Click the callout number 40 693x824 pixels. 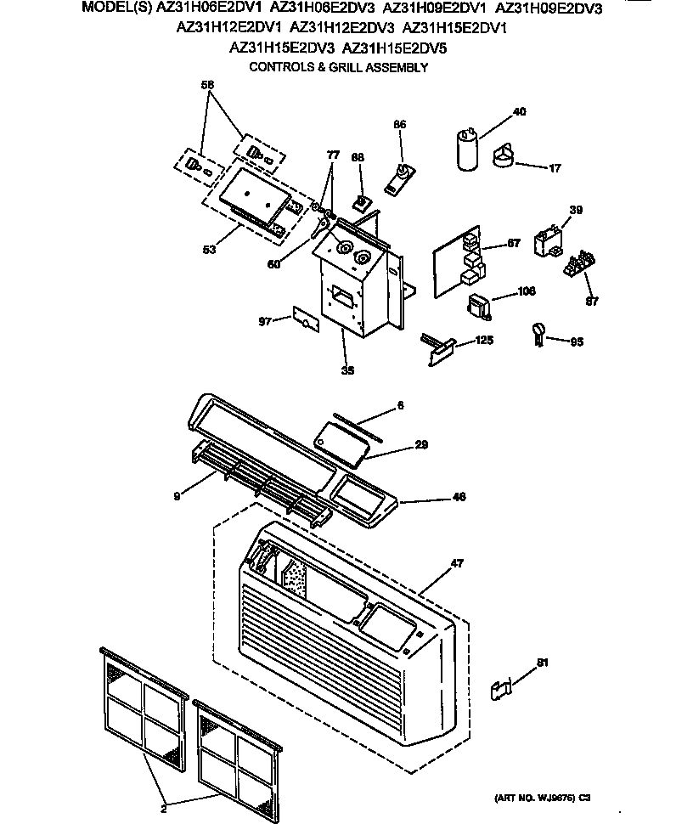click(520, 111)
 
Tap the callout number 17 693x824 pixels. click(555, 168)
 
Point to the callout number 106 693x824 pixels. click(527, 292)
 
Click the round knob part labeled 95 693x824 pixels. click(538, 333)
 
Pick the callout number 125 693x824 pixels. click(484, 340)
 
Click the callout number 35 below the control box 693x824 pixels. click(346, 370)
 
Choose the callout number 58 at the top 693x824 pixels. click(207, 84)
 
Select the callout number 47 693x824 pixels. click(457, 562)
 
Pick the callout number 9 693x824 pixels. click(177, 496)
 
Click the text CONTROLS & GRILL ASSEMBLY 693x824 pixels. click(337, 67)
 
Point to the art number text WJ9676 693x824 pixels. click(552, 799)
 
